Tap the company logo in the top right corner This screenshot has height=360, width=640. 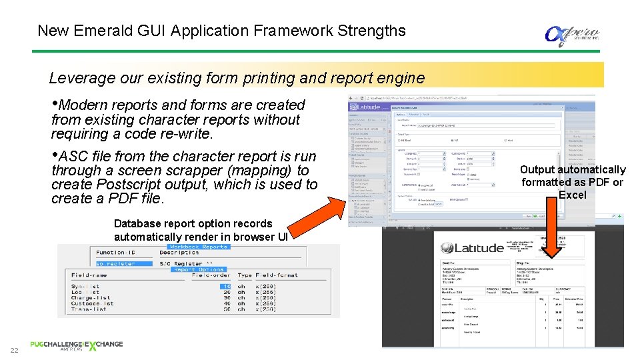click(571, 34)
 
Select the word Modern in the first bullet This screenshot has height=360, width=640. click(84, 105)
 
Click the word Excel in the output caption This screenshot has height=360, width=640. click(572, 195)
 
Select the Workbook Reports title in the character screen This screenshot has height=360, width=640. click(197, 247)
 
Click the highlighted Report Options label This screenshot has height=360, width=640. click(199, 270)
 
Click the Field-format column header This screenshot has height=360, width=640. click(277, 275)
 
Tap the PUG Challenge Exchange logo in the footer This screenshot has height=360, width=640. click(76, 345)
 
